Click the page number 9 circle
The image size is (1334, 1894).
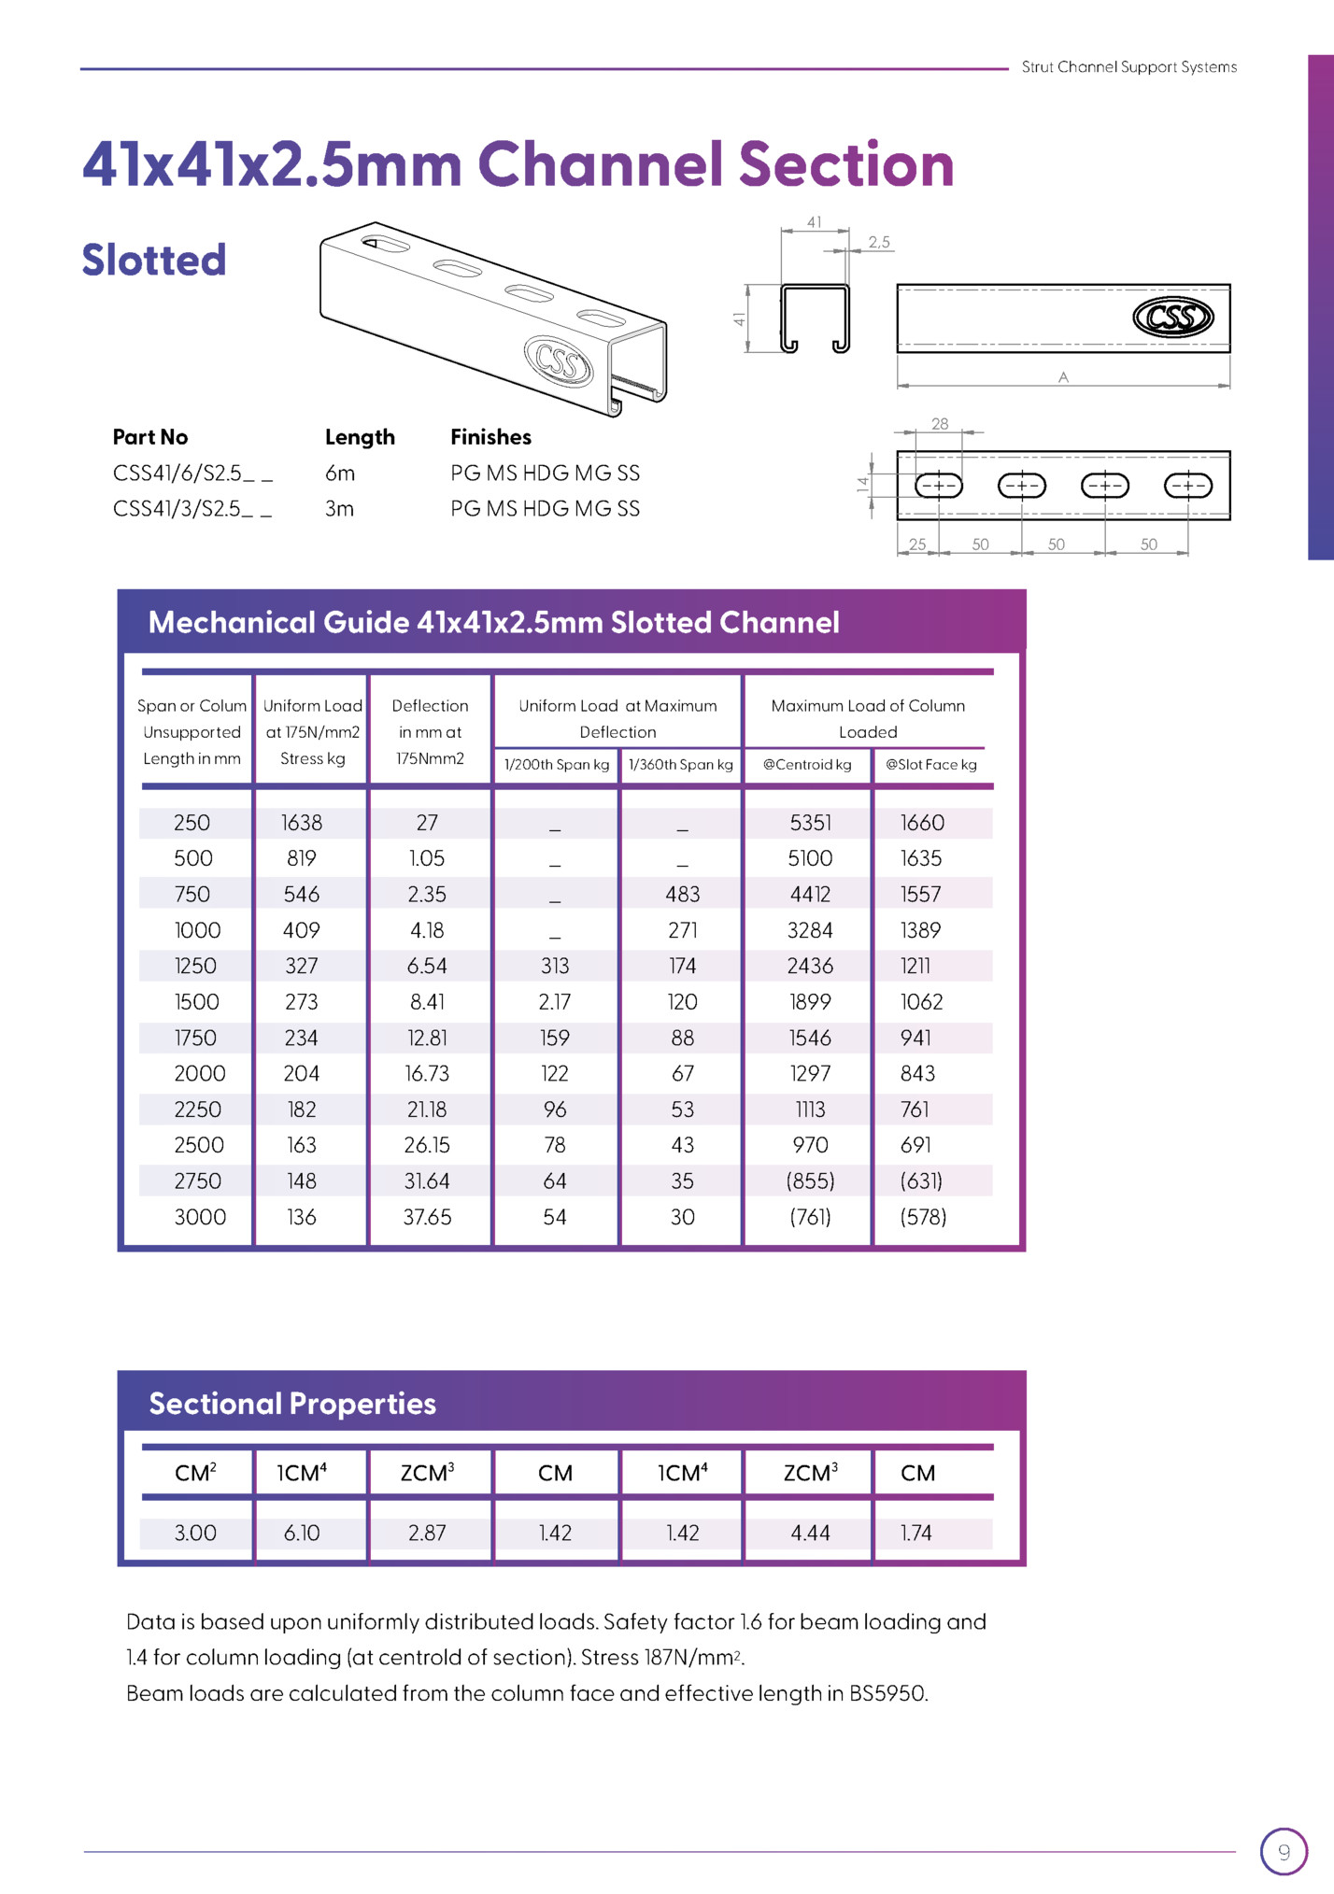pos(1284,1852)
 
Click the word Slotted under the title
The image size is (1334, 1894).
pos(154,260)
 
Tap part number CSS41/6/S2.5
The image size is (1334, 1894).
pos(192,473)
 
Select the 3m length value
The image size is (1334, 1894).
pos(339,509)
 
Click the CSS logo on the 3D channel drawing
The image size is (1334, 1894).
pos(559,360)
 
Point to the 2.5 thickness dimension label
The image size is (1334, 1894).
pos(879,242)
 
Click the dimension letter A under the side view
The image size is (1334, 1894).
pos(1063,377)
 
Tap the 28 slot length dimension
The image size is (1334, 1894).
pos(940,424)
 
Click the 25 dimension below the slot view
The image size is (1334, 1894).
pos(917,544)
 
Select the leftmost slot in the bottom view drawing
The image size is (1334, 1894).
pos(938,486)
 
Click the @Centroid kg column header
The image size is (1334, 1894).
pos(807,764)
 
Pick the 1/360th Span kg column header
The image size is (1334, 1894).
pos(680,764)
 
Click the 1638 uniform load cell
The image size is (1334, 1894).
pos(302,823)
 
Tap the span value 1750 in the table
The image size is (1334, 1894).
pos(195,1038)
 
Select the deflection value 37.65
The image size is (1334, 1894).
pos(427,1217)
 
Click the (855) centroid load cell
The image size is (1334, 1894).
pos(810,1181)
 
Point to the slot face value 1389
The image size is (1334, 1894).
pos(920,930)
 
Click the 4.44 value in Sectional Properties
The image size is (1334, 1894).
pos(810,1533)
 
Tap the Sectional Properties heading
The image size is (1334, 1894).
pos(292,1404)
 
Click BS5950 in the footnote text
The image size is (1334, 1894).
pos(887,1693)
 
